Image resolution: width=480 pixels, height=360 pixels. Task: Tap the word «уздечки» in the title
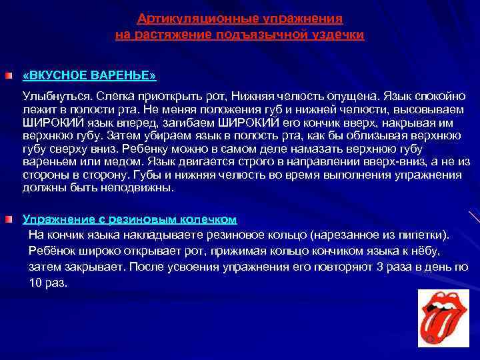coord(341,33)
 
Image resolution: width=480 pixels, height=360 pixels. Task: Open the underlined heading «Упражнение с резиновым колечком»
coord(130,219)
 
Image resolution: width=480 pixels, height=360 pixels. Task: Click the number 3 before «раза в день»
coord(380,267)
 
